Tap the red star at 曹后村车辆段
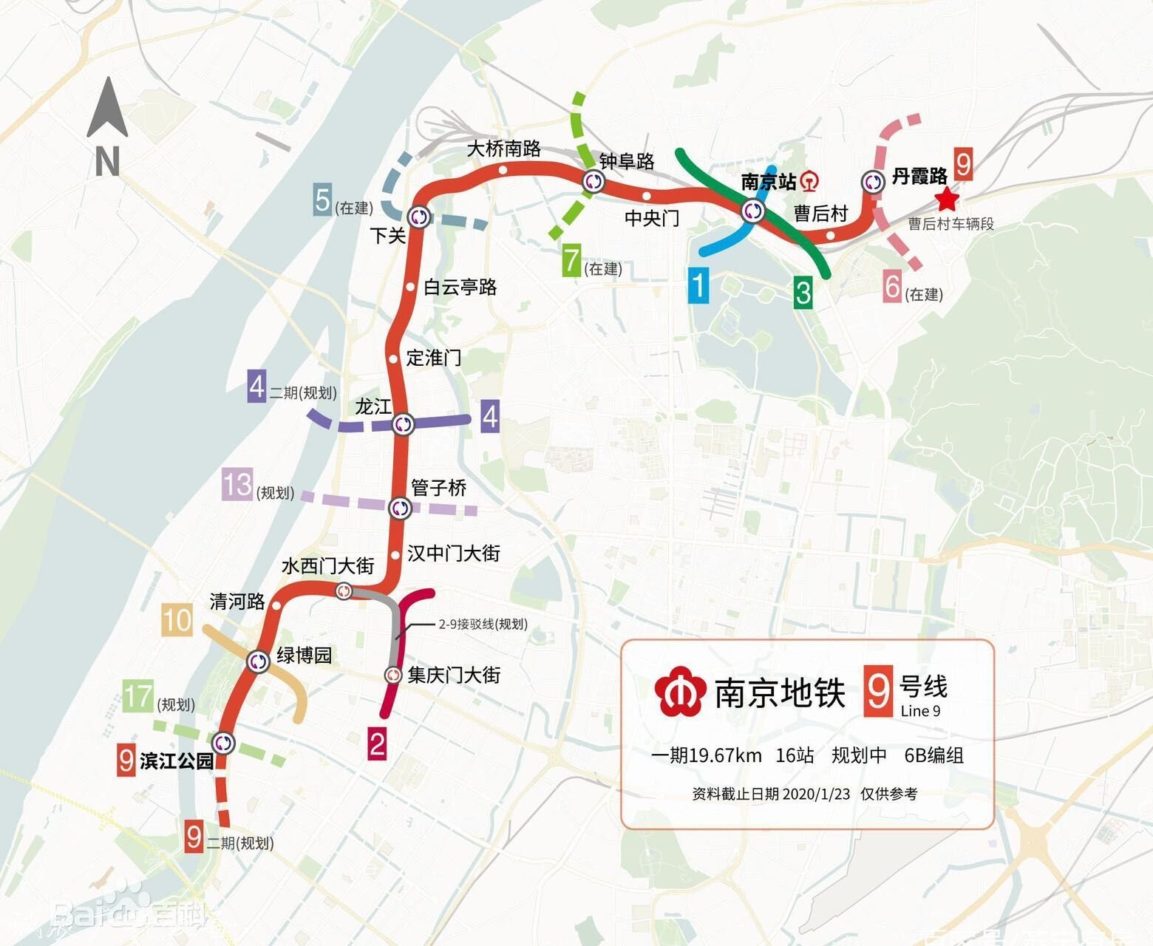tap(945, 200)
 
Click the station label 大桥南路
tap(504, 149)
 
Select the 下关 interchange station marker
tap(419, 216)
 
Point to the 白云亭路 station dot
tap(410, 286)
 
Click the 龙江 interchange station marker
tap(403, 423)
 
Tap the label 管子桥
tap(438, 488)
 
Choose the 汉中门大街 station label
tap(454, 553)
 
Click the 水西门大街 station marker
tap(344, 591)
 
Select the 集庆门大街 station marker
tap(393, 674)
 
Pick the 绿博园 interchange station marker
tap(258, 661)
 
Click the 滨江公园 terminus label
tap(177, 760)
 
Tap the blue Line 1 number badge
tap(698, 285)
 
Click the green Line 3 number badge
tap(803, 293)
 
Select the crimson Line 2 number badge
tap(377, 743)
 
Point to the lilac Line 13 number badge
tap(237, 485)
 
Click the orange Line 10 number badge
tap(177, 620)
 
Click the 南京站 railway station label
tap(769, 181)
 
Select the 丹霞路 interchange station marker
tap(874, 182)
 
